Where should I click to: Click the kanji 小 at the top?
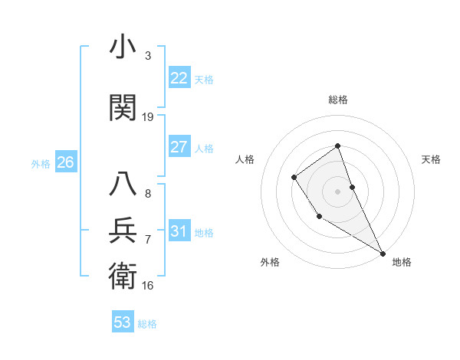pos(123,48)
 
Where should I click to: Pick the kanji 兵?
pos(123,230)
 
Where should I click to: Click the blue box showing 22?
pos(179,77)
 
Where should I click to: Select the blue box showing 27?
pos(179,147)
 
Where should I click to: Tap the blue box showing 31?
pos(179,231)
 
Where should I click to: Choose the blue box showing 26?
pos(65,162)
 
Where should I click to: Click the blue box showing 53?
pos(123,322)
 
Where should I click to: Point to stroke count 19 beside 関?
pos(148,117)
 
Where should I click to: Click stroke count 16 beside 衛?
pos(148,285)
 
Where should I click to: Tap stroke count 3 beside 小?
pos(148,56)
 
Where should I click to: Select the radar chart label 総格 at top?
pos(338,100)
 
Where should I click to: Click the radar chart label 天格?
pos(432,159)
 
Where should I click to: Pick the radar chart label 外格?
pos(270,262)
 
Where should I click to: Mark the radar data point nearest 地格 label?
pos(383,253)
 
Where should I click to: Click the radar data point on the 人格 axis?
pos(294,178)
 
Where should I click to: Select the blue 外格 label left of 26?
pos(41,163)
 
